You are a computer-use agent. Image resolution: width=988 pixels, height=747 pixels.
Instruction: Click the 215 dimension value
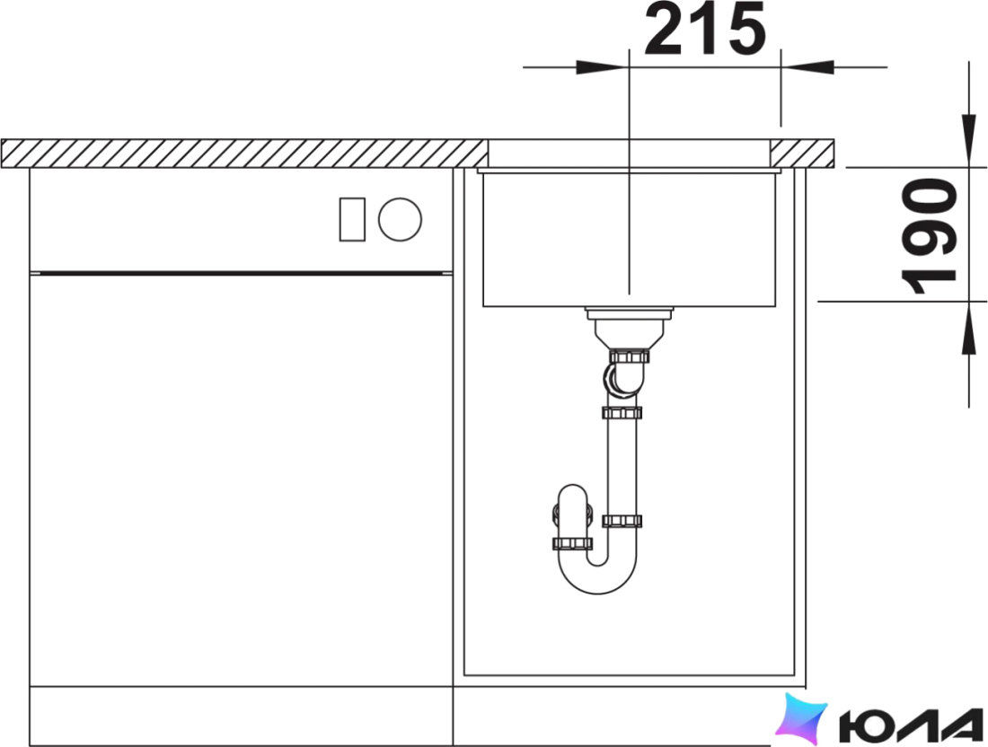(x=704, y=30)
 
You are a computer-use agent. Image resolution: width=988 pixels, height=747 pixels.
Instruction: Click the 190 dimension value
(x=929, y=237)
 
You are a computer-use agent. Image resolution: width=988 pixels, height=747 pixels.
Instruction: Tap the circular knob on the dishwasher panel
(x=400, y=219)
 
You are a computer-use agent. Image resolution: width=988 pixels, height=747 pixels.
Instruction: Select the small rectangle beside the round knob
(x=352, y=219)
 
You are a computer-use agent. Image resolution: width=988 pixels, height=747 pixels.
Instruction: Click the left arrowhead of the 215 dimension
(x=603, y=66)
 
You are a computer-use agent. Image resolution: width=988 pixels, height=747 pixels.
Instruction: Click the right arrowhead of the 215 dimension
(x=807, y=66)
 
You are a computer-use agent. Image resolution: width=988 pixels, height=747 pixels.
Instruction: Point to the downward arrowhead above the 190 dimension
(x=968, y=140)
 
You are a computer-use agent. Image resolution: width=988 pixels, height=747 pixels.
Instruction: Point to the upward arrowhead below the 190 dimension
(x=968, y=328)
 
